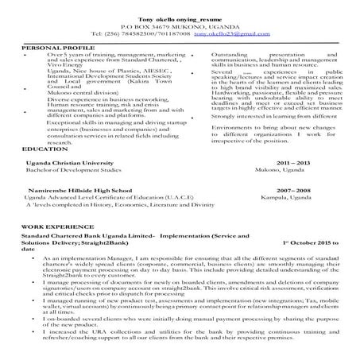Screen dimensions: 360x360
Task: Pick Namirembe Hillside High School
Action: pyautogui.click(x=79, y=191)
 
